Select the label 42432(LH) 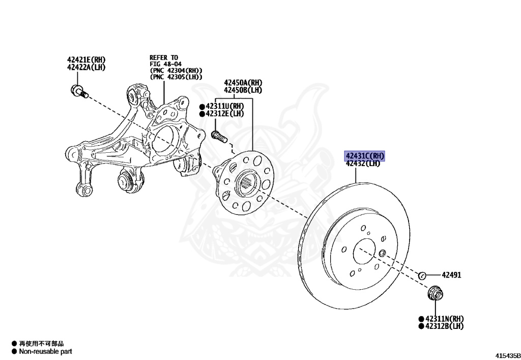tap(363, 163)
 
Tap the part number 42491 tap(451, 275)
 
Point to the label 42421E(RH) tap(85, 60)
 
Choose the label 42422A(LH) tap(85, 67)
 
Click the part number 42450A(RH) tap(243, 82)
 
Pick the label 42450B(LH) tap(243, 90)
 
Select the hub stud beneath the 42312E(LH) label tap(217, 135)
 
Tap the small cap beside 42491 tap(422, 275)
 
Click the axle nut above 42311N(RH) tap(435, 293)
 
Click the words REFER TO tap(164, 58)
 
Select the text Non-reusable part tap(45, 351)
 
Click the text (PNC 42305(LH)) tap(176, 77)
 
